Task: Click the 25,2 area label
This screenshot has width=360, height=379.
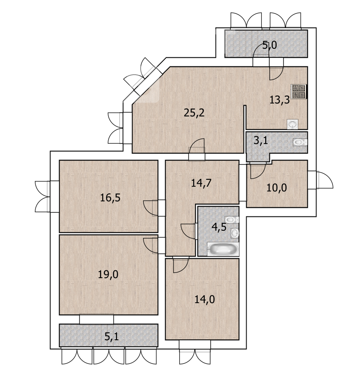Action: tap(194, 113)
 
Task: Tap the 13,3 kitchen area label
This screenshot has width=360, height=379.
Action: tap(279, 100)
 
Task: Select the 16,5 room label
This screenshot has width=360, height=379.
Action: tap(110, 198)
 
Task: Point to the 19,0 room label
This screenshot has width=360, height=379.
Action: tap(108, 275)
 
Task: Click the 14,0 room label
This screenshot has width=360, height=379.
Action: tap(205, 300)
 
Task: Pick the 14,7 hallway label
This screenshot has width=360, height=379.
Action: tap(201, 183)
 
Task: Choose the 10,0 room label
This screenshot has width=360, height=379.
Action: tap(277, 188)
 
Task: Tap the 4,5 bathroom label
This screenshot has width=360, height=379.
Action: tap(219, 227)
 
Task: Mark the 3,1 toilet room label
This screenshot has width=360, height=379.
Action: tap(261, 140)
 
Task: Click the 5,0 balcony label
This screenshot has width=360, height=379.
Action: tap(269, 45)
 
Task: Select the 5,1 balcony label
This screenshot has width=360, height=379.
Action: tap(112, 336)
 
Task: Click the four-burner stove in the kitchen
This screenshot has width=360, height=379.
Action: tap(299, 91)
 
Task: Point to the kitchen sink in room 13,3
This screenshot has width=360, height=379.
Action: tap(293, 124)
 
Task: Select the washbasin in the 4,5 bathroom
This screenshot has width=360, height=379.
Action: tap(235, 233)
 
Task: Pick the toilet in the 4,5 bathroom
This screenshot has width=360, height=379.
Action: tap(232, 220)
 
